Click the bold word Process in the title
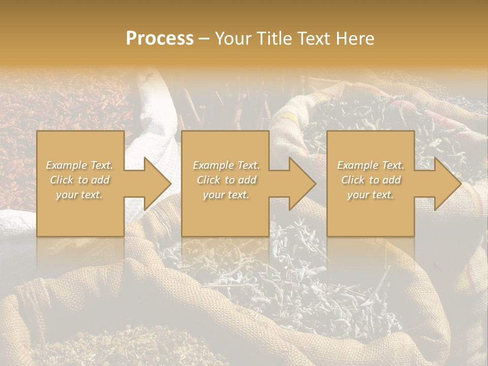160,38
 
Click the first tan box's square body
80,219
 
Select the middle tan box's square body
225,219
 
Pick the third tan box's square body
371,219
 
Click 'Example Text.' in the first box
80,165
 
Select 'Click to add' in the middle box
226,180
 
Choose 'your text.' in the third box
371,195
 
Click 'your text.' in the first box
80,195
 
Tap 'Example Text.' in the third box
371,165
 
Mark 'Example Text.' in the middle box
226,165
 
